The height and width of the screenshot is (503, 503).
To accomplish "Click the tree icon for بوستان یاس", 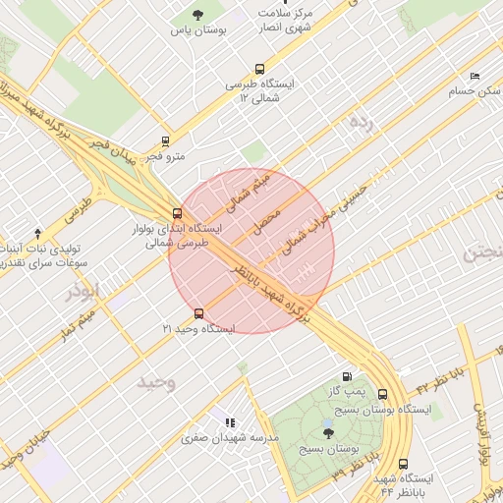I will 197,15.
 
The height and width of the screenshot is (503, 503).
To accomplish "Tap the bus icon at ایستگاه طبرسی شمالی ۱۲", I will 259,69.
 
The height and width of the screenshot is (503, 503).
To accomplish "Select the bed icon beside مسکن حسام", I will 475,76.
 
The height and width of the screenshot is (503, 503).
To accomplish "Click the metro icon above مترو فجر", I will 165,141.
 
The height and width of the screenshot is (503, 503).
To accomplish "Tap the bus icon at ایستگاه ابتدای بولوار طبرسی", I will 177,213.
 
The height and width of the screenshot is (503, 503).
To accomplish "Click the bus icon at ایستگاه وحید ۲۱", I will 199,313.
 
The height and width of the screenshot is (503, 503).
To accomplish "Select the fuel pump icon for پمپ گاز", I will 347,376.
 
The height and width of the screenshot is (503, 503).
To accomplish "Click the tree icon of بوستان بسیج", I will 327,431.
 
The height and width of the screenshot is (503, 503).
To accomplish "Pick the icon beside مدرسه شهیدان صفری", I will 231,421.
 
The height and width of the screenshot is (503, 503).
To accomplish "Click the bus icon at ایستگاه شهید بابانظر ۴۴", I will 403,464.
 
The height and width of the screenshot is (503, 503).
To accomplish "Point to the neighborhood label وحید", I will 156,381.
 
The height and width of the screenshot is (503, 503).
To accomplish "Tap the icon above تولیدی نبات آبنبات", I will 38,233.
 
